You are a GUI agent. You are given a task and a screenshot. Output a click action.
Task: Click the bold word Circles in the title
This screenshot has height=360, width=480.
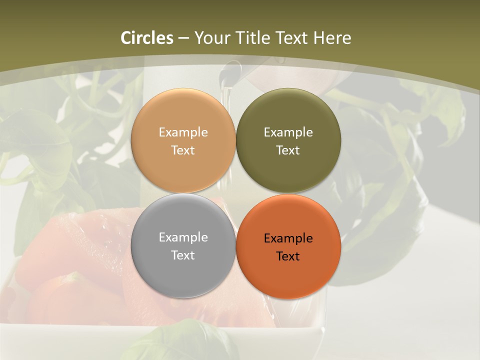[x=147, y=38]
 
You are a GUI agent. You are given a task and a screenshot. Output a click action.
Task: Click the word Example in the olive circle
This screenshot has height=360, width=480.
[x=288, y=132]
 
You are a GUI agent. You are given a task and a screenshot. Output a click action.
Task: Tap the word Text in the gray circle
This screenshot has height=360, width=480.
[x=183, y=255]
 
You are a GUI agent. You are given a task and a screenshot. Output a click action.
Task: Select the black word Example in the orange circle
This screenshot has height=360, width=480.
[x=288, y=238]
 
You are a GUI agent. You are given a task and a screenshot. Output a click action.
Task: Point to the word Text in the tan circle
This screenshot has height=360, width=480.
[x=183, y=150]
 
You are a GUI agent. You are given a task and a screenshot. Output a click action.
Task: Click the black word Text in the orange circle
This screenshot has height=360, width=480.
[x=288, y=256]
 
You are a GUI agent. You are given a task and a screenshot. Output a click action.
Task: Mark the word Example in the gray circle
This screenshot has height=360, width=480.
[x=183, y=237]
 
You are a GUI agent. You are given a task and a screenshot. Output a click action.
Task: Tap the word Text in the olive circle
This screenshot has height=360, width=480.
[x=288, y=150]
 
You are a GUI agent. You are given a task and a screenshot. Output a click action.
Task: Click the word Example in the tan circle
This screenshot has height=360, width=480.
[x=183, y=132]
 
